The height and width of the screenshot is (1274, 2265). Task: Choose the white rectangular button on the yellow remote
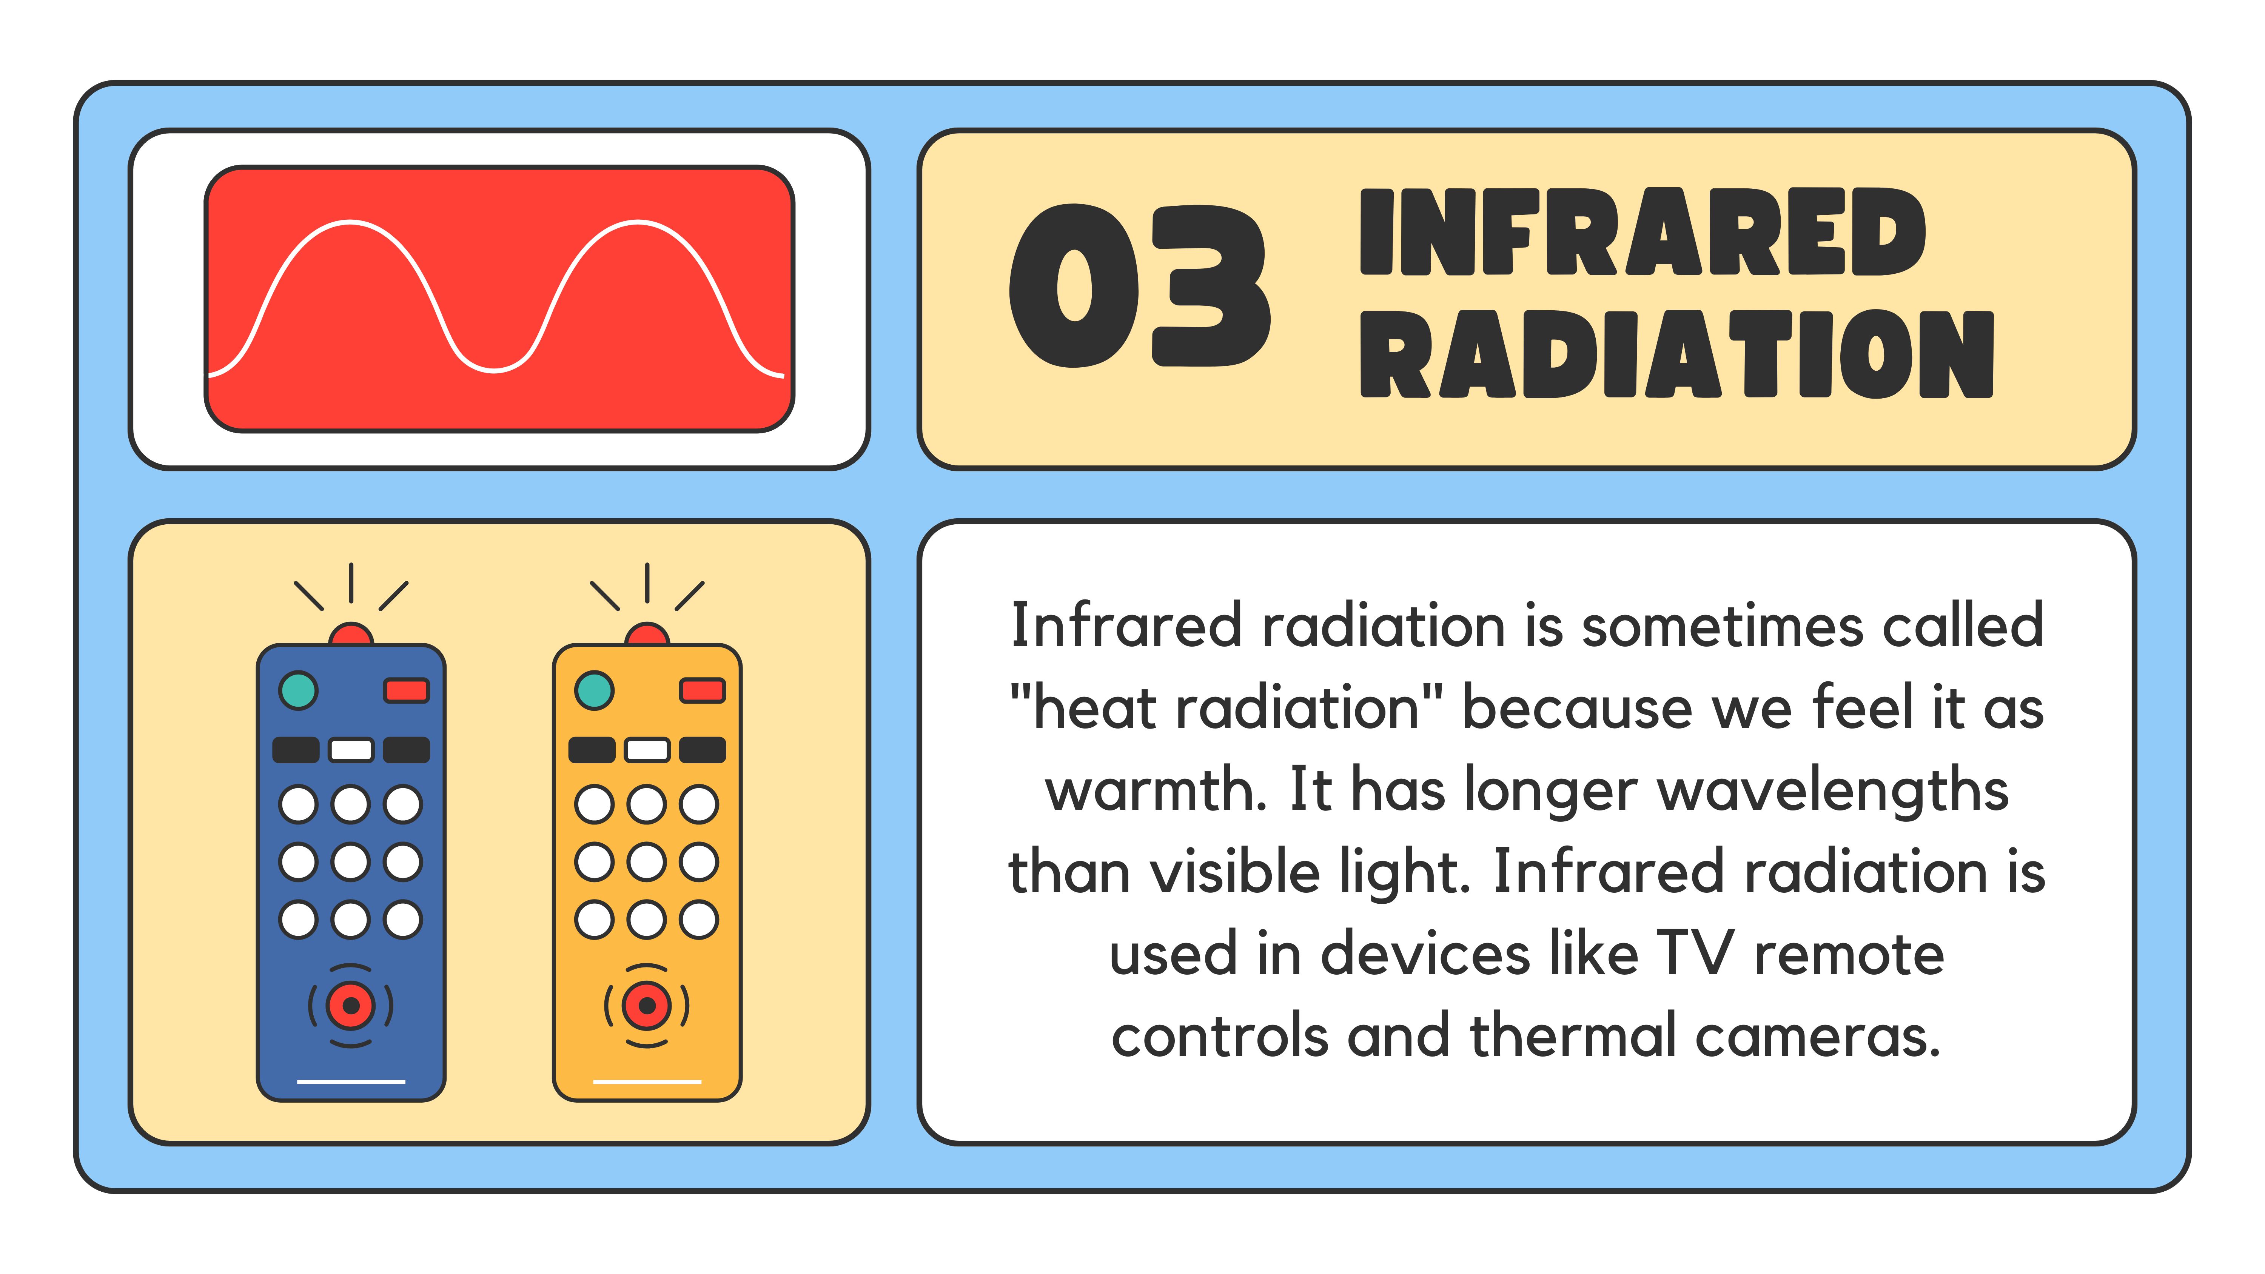coord(647,750)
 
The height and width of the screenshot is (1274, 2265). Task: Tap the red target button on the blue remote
coord(351,1005)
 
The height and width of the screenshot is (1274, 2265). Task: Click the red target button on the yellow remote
coord(647,1005)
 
